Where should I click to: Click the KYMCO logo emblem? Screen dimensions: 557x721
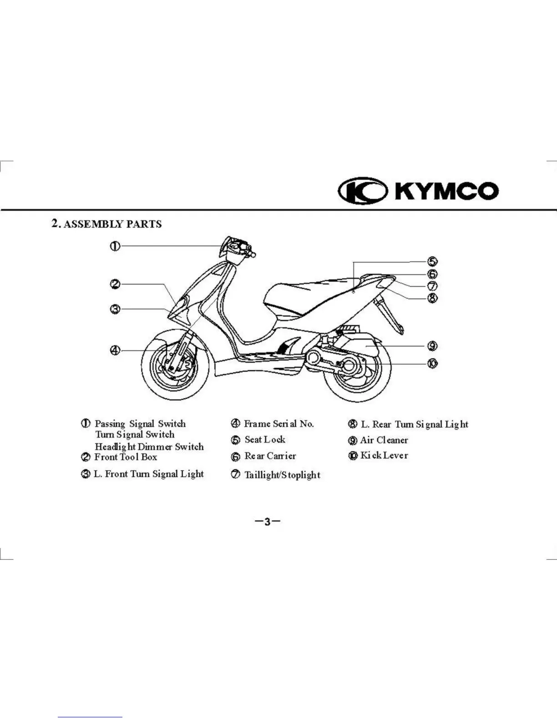362,190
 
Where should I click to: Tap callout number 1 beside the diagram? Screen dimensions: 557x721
115,246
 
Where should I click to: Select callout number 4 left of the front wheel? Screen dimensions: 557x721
115,350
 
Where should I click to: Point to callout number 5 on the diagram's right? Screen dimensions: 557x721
432,261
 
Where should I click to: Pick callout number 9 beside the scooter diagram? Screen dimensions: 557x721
432,346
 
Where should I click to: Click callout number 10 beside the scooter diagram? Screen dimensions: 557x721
432,363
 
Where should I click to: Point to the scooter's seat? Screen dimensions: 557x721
314,291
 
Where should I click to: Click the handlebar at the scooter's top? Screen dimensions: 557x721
237,248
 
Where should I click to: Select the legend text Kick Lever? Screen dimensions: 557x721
384,456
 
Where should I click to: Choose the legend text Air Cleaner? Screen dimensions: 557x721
384,440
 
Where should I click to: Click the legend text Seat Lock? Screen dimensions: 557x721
265,440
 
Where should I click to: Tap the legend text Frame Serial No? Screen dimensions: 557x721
278,424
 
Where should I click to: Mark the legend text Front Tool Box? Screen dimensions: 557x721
126,457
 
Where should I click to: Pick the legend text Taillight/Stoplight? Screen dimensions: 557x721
282,475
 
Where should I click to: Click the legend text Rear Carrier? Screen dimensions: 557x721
270,456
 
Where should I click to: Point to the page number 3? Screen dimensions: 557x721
268,522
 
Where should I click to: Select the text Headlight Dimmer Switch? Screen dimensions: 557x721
149,447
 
